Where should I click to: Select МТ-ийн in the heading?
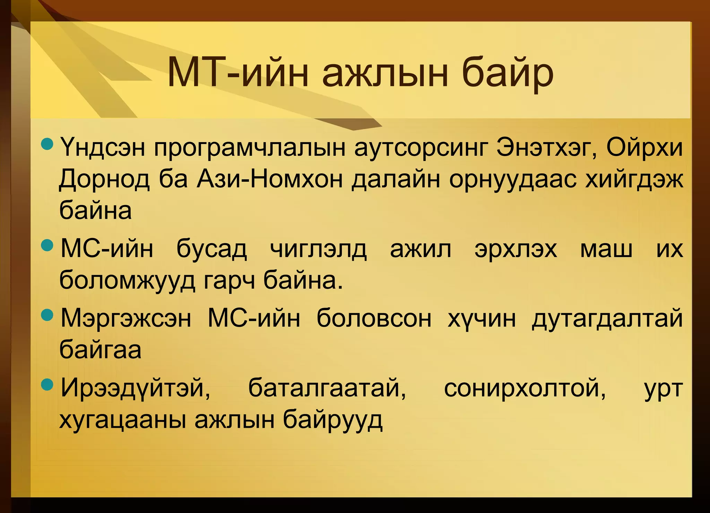click(x=238, y=74)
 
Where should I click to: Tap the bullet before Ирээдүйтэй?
click(x=47, y=384)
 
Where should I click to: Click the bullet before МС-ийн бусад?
click(x=47, y=246)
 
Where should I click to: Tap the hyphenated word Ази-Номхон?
click(x=270, y=180)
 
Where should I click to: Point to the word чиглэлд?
click(x=318, y=249)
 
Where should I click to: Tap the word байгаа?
click(x=100, y=350)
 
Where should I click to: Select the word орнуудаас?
click(x=513, y=180)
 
